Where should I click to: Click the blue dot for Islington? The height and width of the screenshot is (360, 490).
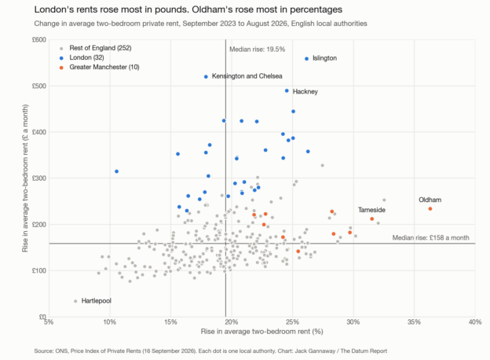point(306,59)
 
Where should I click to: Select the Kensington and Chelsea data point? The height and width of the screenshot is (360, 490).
point(206,76)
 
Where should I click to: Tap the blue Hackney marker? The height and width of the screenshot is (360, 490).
point(287,90)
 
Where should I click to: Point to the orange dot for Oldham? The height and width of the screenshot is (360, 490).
point(430,208)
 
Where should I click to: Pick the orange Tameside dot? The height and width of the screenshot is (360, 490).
point(372,219)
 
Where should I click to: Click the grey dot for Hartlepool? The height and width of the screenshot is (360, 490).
point(75,301)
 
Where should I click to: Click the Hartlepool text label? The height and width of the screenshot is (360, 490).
point(97,301)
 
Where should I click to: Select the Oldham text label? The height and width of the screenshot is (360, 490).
point(430,200)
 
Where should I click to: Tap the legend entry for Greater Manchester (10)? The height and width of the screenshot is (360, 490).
point(100,68)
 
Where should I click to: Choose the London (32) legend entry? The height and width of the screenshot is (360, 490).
point(82,57)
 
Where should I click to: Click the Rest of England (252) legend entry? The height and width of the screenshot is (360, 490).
point(96,48)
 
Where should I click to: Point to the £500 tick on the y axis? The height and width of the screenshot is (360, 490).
point(39,86)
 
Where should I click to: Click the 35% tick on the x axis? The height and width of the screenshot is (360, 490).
point(414,322)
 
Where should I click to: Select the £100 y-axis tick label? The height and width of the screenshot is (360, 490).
point(39,270)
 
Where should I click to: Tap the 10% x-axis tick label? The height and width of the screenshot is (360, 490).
point(110,322)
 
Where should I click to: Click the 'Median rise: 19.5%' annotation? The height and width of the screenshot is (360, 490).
point(258,50)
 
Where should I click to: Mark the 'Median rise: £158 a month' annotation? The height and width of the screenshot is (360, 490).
point(430,237)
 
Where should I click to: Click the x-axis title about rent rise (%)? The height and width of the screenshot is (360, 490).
point(261,332)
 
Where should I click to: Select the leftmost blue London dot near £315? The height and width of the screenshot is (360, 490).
point(116,171)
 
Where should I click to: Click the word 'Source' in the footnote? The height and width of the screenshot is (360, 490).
point(43,351)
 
